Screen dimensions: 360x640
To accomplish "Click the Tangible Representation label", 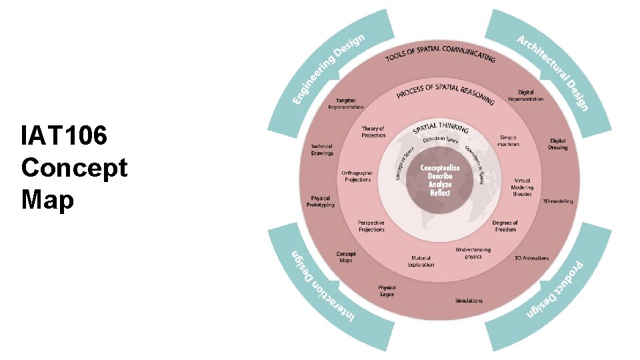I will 346,104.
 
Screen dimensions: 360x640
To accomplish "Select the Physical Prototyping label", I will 321,201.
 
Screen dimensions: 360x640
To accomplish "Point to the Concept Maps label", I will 346,257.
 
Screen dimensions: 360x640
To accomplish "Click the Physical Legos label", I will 387,291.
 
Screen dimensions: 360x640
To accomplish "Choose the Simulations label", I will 469,301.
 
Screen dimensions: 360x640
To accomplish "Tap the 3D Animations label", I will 531,258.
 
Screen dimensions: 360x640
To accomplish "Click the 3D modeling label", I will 557,201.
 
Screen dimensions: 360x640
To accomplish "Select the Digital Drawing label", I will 558,143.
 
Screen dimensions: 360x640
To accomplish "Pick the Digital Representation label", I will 525,96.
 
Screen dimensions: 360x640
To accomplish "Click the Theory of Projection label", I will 373,131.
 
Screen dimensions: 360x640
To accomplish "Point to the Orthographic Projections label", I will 358,176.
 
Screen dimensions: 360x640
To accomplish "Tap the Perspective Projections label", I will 371,226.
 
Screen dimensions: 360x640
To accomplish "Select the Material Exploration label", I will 421,261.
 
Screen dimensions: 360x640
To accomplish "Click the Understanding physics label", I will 473,253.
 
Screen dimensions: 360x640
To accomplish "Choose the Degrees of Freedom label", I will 505,226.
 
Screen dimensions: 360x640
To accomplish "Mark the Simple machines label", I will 508,141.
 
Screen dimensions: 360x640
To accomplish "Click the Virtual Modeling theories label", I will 522,187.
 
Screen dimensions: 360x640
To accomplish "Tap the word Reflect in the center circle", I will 440,193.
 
